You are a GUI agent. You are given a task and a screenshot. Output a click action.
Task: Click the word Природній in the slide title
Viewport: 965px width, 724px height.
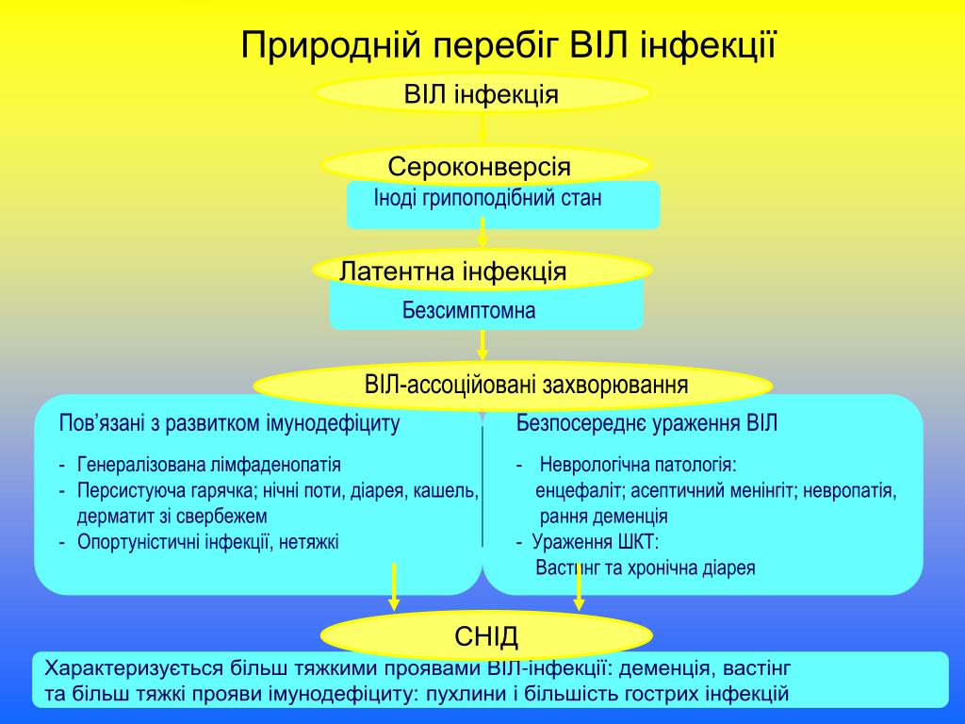333,43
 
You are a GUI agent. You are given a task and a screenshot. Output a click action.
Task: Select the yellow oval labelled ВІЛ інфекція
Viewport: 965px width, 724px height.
482,93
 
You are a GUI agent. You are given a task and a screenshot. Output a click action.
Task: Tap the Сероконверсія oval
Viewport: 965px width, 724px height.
480,167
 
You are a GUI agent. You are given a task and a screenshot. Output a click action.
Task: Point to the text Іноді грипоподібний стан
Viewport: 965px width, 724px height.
487,199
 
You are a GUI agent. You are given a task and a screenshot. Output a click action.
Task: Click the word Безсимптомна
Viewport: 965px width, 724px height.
468,310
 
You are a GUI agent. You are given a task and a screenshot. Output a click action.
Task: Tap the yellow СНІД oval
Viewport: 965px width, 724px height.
486,636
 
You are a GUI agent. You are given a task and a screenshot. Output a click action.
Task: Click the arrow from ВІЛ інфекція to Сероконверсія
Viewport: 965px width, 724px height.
482,128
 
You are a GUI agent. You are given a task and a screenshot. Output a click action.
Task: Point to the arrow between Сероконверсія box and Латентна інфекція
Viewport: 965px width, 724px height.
482,233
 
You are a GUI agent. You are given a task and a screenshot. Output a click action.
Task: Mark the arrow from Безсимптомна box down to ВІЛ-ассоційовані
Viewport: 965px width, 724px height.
482,345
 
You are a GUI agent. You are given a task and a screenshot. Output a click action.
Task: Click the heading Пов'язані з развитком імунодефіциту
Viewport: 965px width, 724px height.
230,423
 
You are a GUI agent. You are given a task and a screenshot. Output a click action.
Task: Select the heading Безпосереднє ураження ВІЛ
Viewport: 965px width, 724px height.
647,423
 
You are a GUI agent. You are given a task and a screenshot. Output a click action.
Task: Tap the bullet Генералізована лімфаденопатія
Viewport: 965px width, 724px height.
209,465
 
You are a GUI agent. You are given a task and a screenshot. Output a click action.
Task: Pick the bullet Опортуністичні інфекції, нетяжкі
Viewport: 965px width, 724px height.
208,541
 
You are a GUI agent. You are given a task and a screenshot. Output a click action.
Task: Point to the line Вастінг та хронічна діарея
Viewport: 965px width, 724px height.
646,568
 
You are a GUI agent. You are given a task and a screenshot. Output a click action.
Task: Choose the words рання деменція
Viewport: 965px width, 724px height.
604,517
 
